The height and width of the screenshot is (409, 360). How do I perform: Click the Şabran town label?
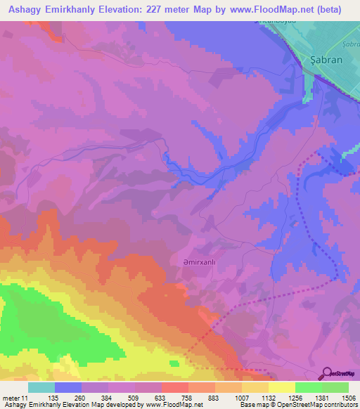pyautogui.click(x=326, y=60)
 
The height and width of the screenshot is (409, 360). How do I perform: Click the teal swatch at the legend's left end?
pyautogui.click(x=41, y=387)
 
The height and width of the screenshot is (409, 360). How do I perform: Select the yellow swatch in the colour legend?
pyautogui.click(x=281, y=387)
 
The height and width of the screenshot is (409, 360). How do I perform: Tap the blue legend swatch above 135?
pyautogui.click(x=67, y=387)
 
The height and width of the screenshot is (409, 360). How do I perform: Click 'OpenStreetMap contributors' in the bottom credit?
pyautogui.click(x=321, y=405)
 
